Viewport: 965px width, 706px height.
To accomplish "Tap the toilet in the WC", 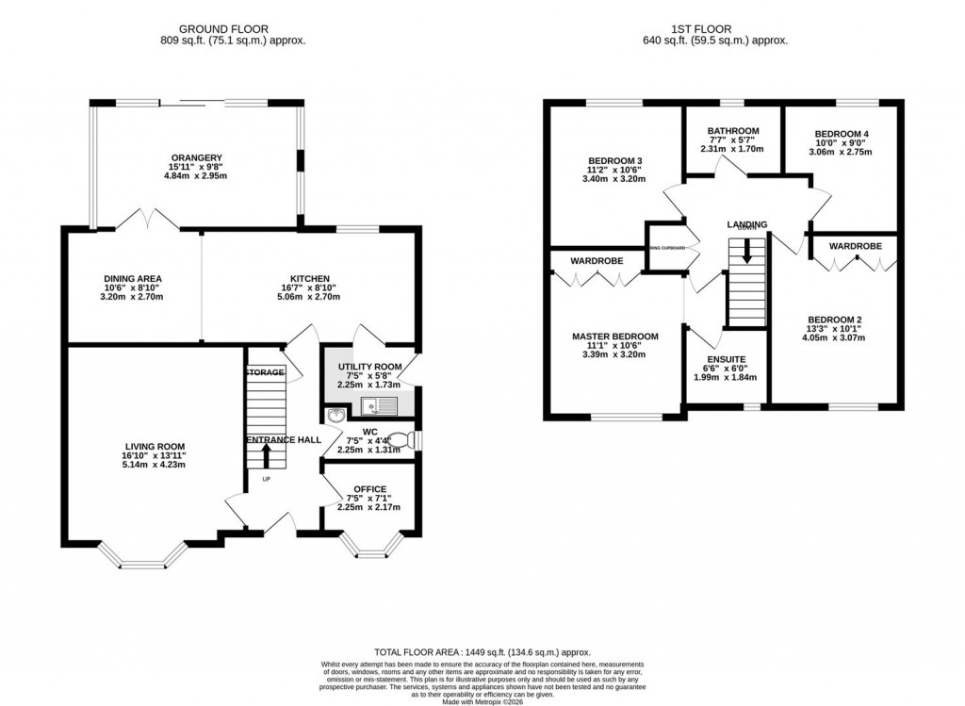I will tap(403, 439).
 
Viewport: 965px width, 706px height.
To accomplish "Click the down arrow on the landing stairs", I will tap(747, 252).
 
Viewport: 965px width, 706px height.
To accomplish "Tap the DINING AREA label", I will tap(132, 279).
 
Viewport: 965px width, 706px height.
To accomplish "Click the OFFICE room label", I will tap(369, 488).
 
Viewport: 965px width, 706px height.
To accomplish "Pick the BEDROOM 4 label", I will tap(840, 134).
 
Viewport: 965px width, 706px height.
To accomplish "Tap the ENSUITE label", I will tap(726, 359).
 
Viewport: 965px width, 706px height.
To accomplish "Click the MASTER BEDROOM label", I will tap(614, 337).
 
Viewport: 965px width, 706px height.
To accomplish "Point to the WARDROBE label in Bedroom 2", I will tap(855, 246).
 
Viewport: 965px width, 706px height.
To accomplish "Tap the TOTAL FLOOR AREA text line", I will tap(482, 649).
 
